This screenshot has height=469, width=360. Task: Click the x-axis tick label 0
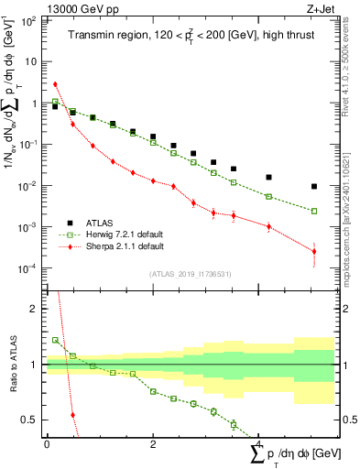47,443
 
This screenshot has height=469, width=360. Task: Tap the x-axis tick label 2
153,443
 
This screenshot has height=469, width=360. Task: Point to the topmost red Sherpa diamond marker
55,84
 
